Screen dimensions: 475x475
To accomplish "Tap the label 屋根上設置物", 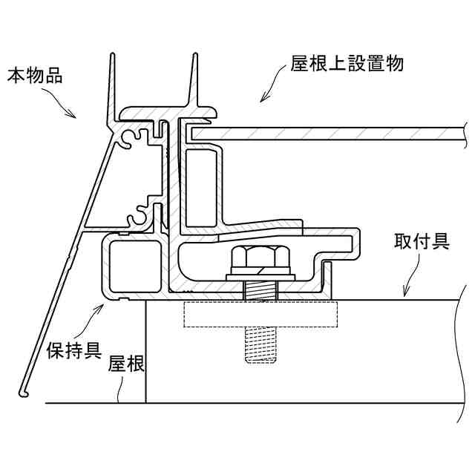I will click(x=347, y=64).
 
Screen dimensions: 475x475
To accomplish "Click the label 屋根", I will click(x=126, y=364).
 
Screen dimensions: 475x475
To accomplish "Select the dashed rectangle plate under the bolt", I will click(x=259, y=313).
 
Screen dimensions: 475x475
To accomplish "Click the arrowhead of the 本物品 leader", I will click(x=76, y=117).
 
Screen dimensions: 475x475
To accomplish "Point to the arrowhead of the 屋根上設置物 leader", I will click(x=261, y=99).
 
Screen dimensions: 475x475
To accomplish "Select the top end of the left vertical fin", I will click(x=113, y=56).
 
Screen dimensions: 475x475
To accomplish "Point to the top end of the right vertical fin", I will click(x=195, y=56).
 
